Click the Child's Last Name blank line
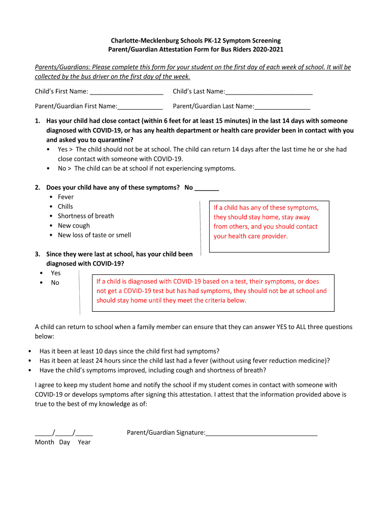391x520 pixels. pyautogui.click(x=269, y=92)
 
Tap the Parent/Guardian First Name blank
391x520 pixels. pyautogui.click(x=140, y=107)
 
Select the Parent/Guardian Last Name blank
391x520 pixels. pyautogui.click(x=282, y=107)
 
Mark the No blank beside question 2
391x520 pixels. pyautogui.click(x=207, y=188)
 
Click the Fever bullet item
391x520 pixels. pyautogui.click(x=66, y=197)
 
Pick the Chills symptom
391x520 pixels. pyautogui.click(x=65, y=207)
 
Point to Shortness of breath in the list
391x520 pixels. pyautogui.click(x=86, y=216)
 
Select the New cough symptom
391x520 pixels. pyautogui.click(x=74, y=225)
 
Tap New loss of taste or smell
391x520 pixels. pyautogui.click(x=94, y=235)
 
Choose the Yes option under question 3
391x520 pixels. pyautogui.click(x=55, y=273)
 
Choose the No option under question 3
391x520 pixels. pyautogui.click(x=55, y=283)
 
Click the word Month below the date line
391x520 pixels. pyautogui.click(x=45, y=442)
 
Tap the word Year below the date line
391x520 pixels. pyautogui.click(x=84, y=442)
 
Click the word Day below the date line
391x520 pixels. pyautogui.click(x=64, y=442)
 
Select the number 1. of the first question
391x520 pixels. pyautogui.click(x=38, y=121)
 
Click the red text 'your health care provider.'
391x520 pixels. pyautogui.click(x=250, y=236)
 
